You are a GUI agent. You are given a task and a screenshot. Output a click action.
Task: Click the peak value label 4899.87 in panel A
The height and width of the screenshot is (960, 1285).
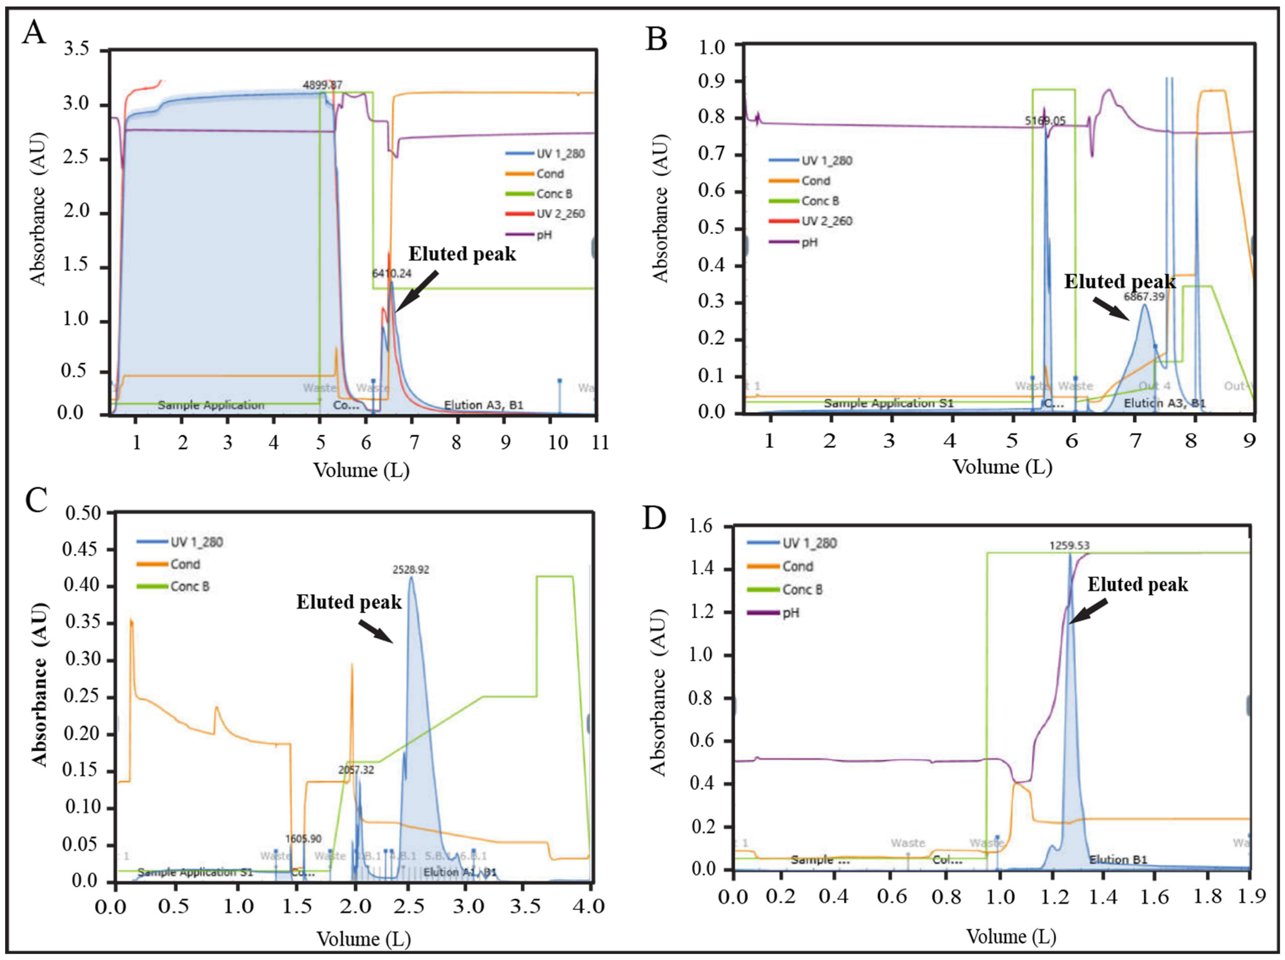322,85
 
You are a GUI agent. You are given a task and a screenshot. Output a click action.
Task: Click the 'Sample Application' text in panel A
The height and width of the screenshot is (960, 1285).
211,405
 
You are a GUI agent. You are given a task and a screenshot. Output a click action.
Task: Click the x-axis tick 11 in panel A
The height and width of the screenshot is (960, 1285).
600,442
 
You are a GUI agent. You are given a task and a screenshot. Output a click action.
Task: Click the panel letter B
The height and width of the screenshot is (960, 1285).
656,40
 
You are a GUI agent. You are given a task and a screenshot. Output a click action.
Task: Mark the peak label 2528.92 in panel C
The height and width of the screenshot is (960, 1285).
411,570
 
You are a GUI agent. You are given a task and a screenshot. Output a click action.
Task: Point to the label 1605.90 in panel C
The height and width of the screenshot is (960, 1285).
303,838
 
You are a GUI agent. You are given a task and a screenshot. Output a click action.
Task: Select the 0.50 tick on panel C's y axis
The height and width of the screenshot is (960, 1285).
84,513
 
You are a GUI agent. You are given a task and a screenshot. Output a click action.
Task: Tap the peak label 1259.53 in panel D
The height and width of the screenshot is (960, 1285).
1069,545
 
